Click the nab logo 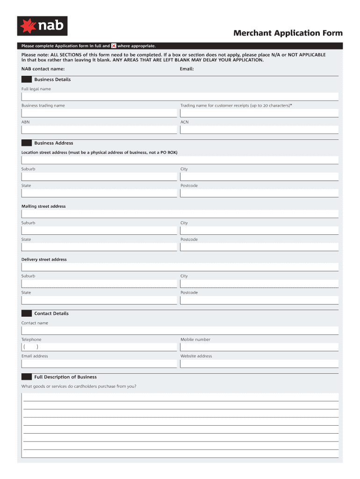click(42, 26)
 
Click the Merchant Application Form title click(288, 33)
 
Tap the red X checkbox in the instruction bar click(114, 46)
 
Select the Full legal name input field click(180, 96)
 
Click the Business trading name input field click(99, 113)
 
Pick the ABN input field click(99, 130)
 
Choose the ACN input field click(259, 130)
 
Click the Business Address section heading click(53, 143)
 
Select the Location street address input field click(180, 160)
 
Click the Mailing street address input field click(180, 214)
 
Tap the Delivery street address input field click(180, 267)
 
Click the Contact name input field click(180, 330)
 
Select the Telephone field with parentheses click(99, 347)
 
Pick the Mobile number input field click(259, 347)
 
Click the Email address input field click(99, 363)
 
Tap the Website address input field click(259, 363)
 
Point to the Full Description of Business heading click(65, 377)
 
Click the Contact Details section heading click(51, 313)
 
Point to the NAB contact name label click(43, 69)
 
